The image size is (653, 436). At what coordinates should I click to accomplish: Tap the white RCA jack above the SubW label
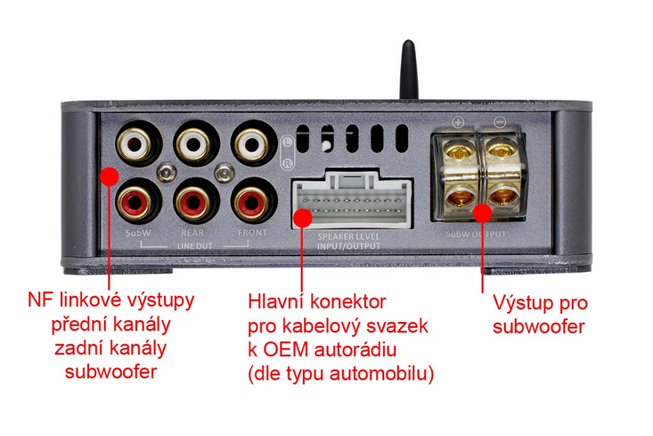click(x=137, y=143)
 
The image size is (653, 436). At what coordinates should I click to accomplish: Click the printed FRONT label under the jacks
click(x=252, y=234)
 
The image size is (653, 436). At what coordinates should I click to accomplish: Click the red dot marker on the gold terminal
click(x=482, y=213)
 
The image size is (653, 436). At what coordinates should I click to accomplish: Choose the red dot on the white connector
click(x=303, y=215)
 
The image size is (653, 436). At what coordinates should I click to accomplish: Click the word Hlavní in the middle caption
click(x=276, y=303)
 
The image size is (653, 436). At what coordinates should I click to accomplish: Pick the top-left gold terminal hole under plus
click(x=458, y=152)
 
